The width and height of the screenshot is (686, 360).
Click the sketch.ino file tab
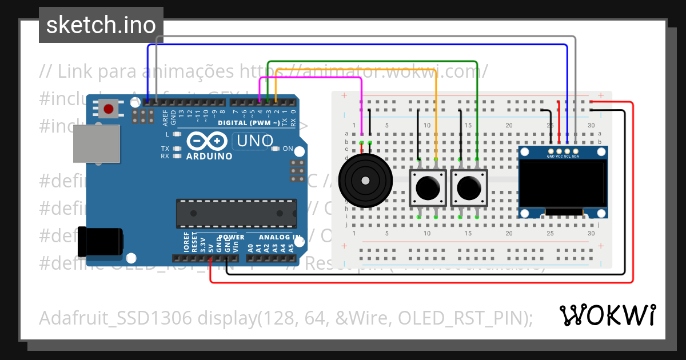[101, 25]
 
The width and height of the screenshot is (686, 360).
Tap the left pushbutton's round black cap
[428, 187]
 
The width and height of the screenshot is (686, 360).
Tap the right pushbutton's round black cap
[469, 187]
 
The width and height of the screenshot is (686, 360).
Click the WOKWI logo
[607, 315]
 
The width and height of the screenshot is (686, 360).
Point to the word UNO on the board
[256, 141]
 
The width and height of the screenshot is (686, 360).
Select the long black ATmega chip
[236, 213]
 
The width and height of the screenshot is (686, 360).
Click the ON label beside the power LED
[288, 149]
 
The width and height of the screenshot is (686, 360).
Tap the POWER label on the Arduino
[232, 237]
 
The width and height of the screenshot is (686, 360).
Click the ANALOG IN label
[280, 237]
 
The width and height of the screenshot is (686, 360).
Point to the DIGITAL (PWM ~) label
[248, 123]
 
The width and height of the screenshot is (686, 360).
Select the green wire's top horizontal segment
[372, 61]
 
